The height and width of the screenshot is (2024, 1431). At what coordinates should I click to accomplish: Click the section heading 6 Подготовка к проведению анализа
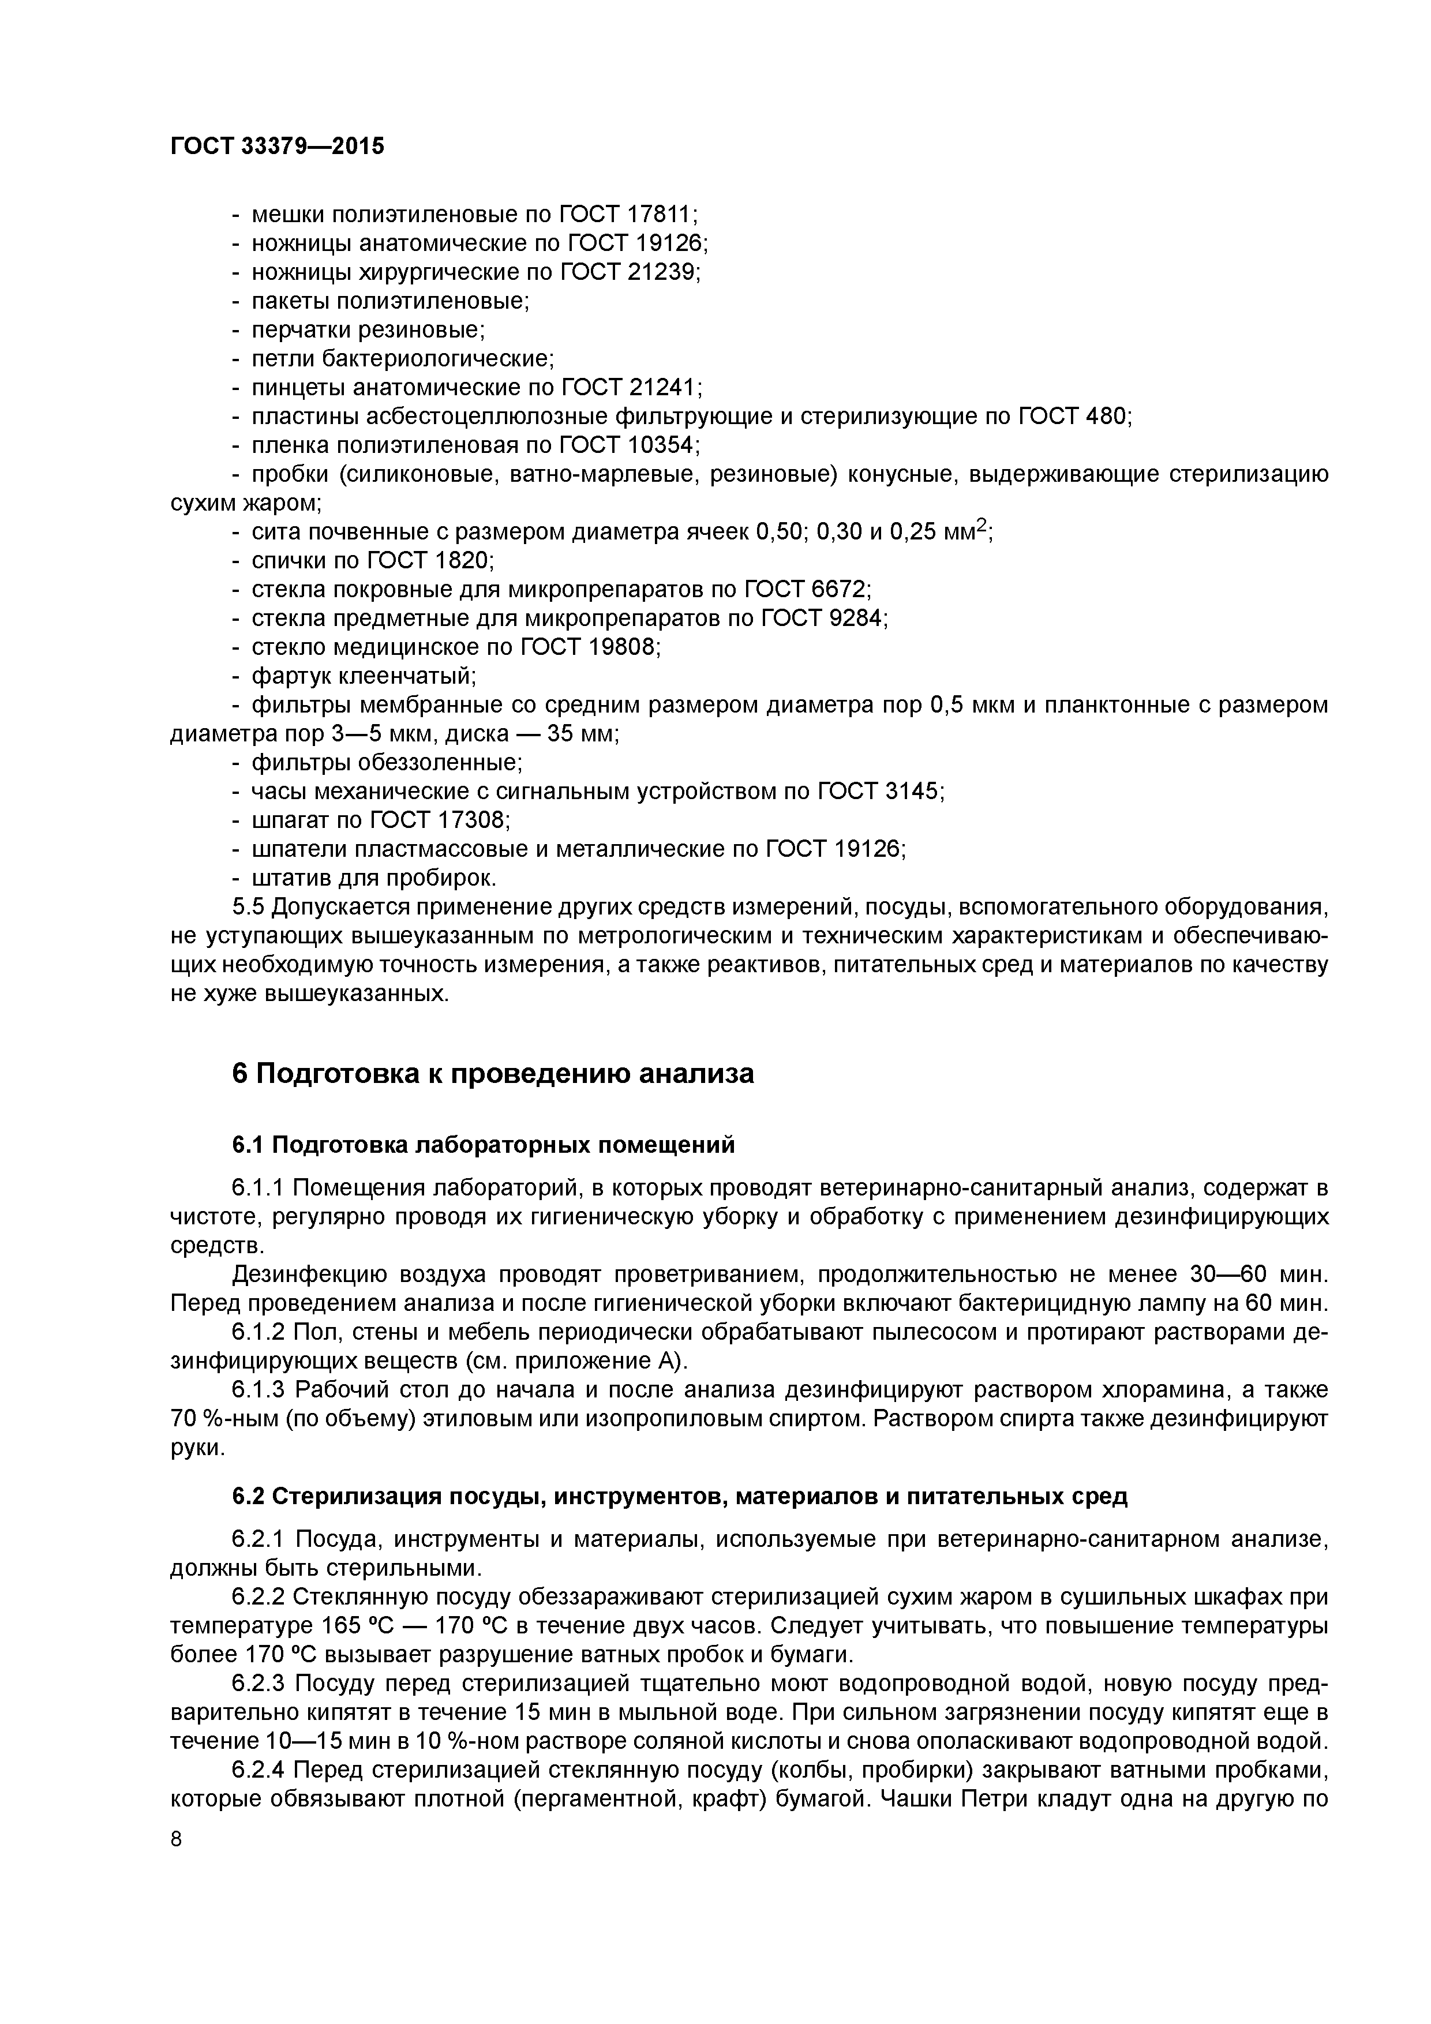pos(493,1074)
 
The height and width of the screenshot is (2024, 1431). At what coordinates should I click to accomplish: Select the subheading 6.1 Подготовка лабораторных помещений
pos(483,1145)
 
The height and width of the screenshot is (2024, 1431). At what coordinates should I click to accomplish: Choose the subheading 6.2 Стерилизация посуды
pos(679,1496)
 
